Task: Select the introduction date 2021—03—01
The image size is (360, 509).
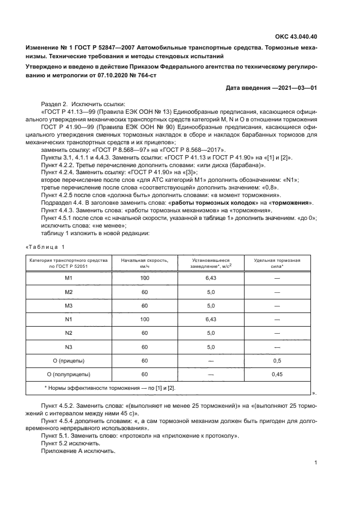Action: pos(295,88)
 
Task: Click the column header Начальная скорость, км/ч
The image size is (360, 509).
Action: pos(144,263)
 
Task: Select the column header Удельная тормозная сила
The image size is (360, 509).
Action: pos(277,263)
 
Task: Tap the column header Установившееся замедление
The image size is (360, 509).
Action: pos(210,263)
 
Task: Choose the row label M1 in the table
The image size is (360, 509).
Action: pos(69,278)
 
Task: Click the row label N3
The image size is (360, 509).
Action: pos(69,347)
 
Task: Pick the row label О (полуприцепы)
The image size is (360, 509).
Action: pos(69,374)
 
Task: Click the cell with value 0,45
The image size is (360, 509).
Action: pos(277,374)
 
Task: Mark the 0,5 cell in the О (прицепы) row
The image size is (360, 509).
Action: pos(277,360)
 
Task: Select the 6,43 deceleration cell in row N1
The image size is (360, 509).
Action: pos(211,320)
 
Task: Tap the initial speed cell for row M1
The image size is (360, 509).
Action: pos(144,278)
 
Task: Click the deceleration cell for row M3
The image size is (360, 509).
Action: pos(211,306)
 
